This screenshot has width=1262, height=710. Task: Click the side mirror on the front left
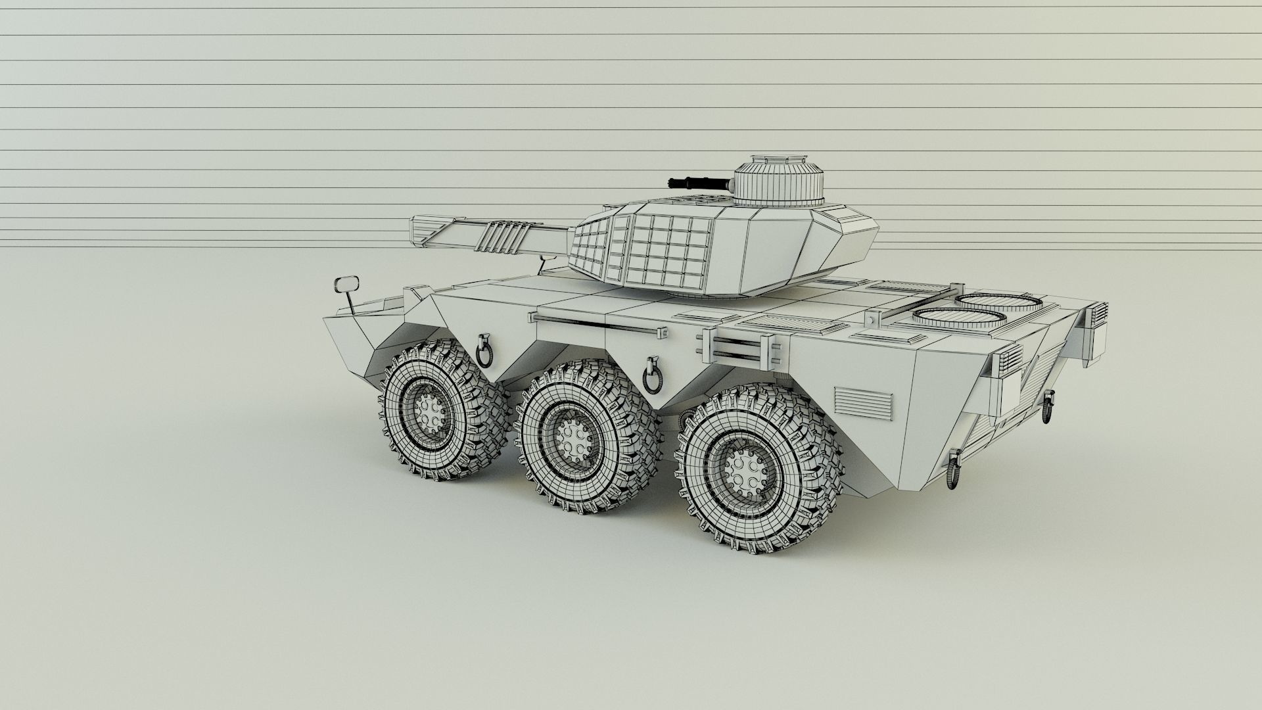point(346,285)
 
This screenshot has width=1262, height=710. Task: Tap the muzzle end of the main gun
point(416,232)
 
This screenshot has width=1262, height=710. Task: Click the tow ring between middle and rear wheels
point(653,375)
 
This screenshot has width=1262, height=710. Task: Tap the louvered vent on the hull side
point(864,404)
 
